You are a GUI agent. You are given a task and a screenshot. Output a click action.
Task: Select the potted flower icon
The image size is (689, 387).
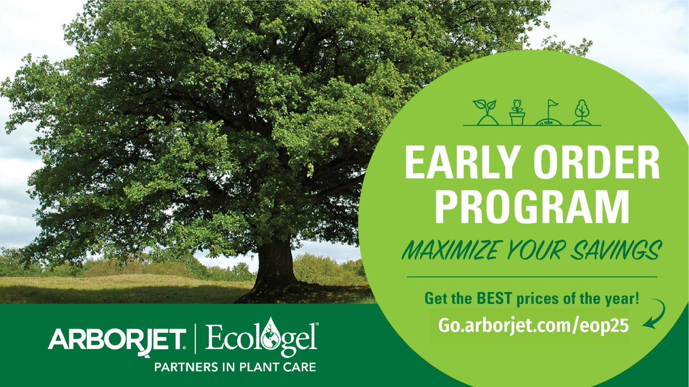pos(517,112)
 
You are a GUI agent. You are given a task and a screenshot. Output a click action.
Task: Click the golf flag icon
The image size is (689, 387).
pos(549,112)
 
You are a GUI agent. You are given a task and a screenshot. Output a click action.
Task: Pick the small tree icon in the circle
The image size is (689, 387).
pos(581,112)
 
